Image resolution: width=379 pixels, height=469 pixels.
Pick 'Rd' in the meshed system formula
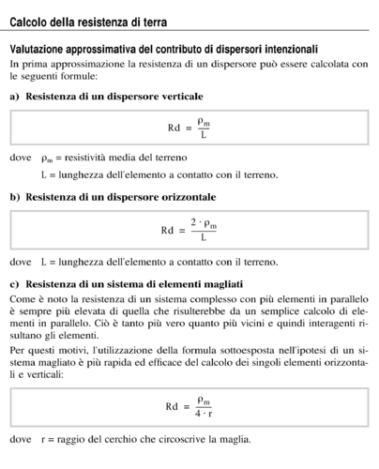172,406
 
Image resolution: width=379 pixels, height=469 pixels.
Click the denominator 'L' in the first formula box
204,135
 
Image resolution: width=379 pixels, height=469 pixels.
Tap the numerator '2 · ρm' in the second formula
203,222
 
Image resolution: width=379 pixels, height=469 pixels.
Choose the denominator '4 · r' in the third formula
203,413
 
